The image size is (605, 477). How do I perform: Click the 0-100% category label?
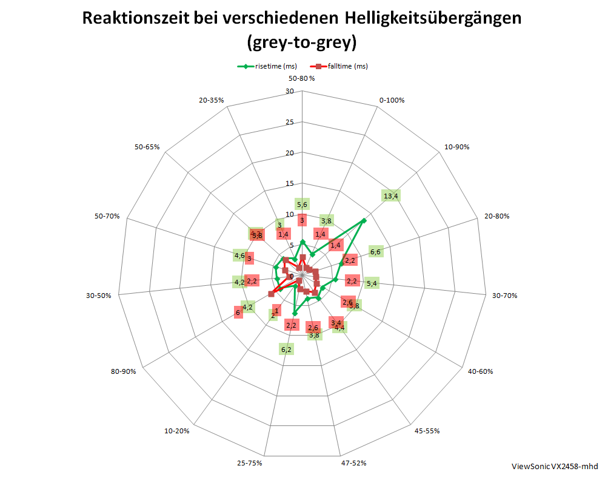point(392,100)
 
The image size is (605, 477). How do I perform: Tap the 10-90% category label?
point(456,147)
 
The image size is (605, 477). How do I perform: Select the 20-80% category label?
point(497,216)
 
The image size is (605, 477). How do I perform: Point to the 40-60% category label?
point(481,371)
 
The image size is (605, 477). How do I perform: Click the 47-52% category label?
point(353,463)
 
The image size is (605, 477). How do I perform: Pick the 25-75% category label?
point(249,463)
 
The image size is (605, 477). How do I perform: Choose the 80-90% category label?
point(123,371)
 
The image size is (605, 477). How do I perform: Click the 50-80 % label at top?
point(301,78)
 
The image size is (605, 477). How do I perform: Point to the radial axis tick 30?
point(289,92)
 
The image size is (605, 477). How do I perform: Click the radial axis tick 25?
point(289,123)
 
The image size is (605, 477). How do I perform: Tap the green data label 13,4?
point(391,195)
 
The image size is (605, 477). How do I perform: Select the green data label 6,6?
point(375,251)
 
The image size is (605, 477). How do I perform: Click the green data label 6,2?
point(286,349)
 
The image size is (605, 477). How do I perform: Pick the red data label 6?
point(238,313)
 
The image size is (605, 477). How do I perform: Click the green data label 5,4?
point(372,283)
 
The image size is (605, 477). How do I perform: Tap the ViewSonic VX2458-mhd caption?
point(555,466)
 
